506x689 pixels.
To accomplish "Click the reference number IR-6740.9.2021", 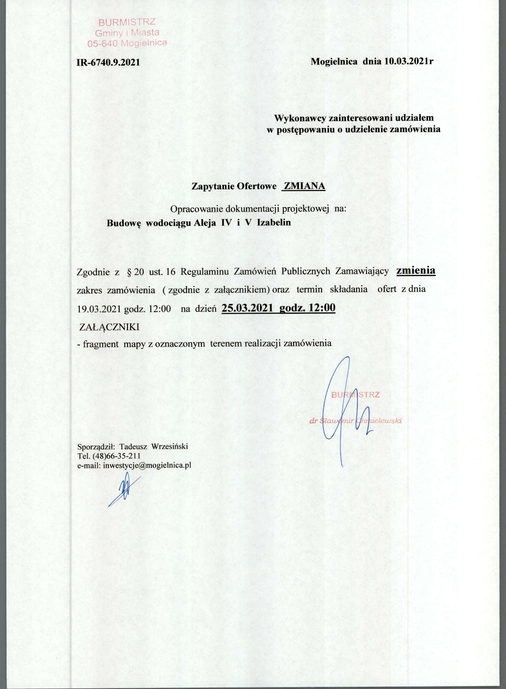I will pos(108,62).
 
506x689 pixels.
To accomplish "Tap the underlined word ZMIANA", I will pos(304,186).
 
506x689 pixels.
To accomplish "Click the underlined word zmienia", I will pos(416,271).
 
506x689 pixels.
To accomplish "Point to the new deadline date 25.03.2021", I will pos(247,308).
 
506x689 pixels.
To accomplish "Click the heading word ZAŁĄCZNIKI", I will pos(109,327).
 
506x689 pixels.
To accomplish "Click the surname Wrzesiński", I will pos(170,446).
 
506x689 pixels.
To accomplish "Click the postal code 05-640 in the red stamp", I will pos(102,44).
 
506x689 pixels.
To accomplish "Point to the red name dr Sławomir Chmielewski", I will pos(355,421).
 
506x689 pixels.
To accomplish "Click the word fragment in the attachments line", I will pos(101,344).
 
